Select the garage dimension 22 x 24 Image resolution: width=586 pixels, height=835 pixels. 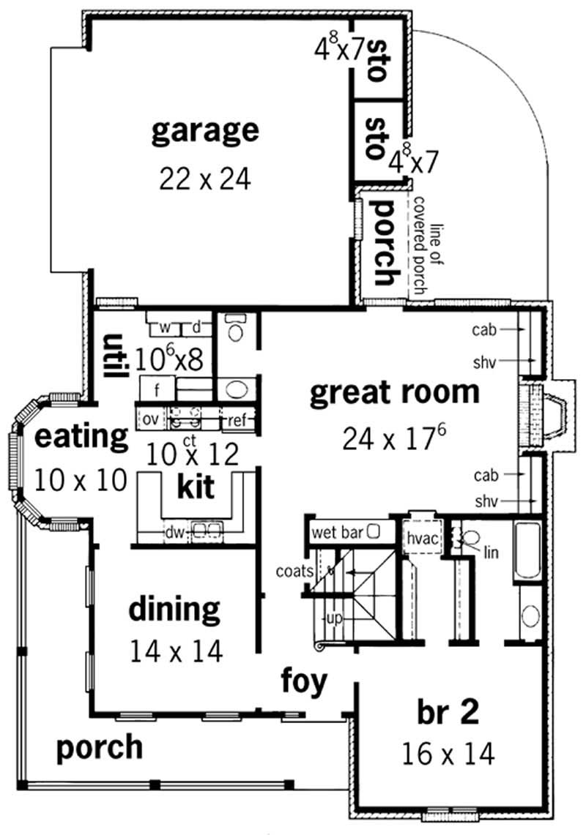[x=204, y=178]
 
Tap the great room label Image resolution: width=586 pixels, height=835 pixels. [x=395, y=393]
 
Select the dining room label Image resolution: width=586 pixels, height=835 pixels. [x=174, y=609]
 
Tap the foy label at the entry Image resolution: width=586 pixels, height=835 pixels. [x=304, y=681]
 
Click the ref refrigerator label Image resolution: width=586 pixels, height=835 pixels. [x=236, y=420]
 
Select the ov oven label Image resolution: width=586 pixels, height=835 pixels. [x=151, y=420]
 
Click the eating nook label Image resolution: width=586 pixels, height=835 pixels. [x=81, y=438]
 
